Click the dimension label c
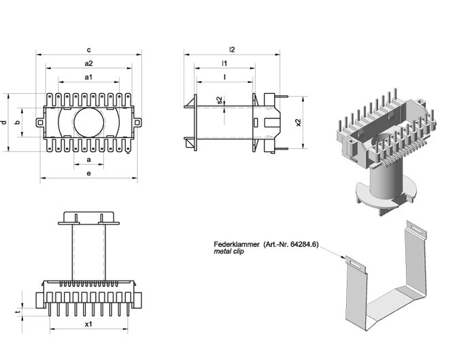tap(88, 50)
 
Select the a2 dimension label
tap(88, 63)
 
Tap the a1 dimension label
tap(88, 77)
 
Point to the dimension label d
tap(3, 122)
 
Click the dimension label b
tap(18, 122)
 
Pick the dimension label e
tap(88, 174)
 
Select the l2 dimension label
tap(232, 50)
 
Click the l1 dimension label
tap(224, 63)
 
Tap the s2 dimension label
tap(220, 100)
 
